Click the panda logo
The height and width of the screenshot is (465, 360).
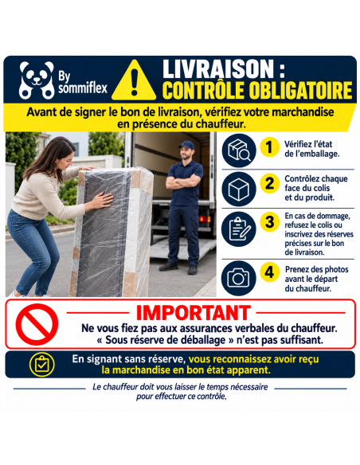pos(37,80)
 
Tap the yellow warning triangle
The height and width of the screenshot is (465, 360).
pos(134,80)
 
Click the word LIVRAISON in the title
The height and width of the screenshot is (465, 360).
pos(218,69)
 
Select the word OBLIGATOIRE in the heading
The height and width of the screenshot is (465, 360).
pos(300,90)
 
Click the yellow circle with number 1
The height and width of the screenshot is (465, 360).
pos(269,147)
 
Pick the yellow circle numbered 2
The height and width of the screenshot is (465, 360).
pos(269,183)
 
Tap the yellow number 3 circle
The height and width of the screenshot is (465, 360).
pos(269,222)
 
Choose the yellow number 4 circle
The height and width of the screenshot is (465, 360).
pos(269,272)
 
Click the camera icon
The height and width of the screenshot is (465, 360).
pos(239,278)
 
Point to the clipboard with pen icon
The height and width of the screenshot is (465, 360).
pos(239,229)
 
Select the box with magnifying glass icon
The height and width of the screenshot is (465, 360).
pos(239,150)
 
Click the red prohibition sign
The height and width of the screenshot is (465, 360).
pos(37,324)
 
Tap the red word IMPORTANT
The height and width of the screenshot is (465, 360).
pos(193,313)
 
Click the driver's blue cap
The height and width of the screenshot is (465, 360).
pos(187,145)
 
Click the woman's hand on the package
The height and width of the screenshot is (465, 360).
pos(102,200)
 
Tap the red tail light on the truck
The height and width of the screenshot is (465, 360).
pos(205,219)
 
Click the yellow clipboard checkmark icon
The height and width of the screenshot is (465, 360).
pos(41,365)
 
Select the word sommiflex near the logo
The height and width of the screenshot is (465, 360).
pos(83,88)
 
